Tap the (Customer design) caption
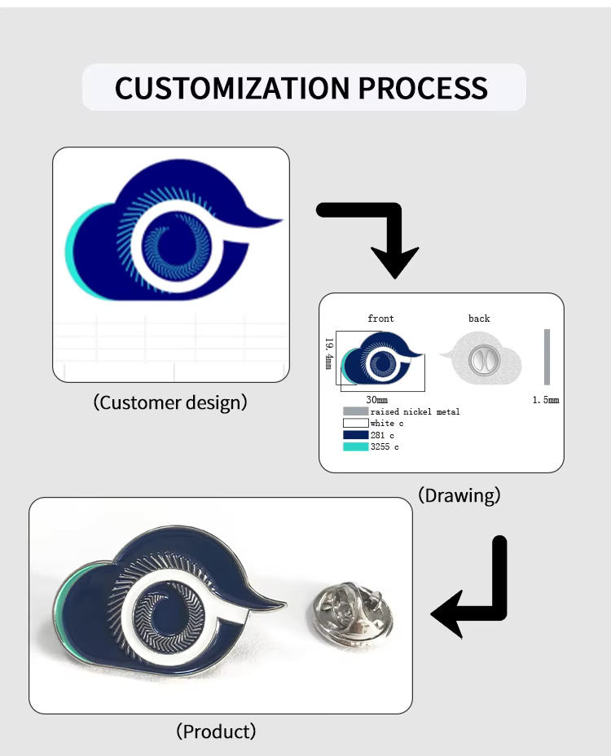pos(170,402)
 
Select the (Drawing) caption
pos(459,494)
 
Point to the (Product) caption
pos(216,732)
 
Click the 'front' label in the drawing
pos(380,319)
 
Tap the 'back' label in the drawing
pos(479,319)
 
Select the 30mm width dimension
pos(376,400)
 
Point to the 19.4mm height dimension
pos(329,354)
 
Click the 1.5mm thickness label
pos(546,400)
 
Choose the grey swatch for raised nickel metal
pos(355,411)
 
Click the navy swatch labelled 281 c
pos(355,435)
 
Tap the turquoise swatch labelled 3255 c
pos(355,446)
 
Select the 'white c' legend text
pos(387,424)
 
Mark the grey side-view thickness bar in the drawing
pos(547,357)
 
